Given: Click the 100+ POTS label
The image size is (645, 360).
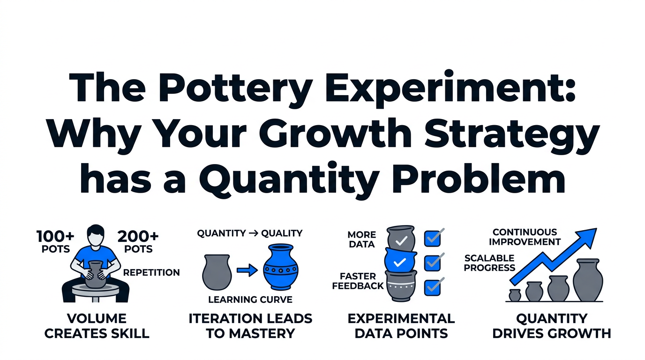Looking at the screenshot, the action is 56,241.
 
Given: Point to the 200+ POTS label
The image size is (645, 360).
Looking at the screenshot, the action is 138,241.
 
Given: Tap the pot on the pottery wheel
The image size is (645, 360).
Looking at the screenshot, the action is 95,274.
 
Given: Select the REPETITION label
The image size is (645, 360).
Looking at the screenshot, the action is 151,272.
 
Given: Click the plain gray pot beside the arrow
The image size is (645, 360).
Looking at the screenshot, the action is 217,272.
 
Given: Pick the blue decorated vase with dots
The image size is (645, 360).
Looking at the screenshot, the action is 280,267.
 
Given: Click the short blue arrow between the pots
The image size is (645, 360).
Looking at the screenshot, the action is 247,270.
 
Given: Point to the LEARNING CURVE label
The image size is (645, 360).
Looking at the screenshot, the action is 250,300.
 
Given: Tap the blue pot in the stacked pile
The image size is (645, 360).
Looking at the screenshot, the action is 400,260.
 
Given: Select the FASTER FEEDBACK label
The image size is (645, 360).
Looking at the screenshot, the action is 358,281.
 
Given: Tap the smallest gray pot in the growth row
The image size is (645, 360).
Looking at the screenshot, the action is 515,295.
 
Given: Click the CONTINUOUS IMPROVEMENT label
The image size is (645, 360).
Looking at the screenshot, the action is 525,237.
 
